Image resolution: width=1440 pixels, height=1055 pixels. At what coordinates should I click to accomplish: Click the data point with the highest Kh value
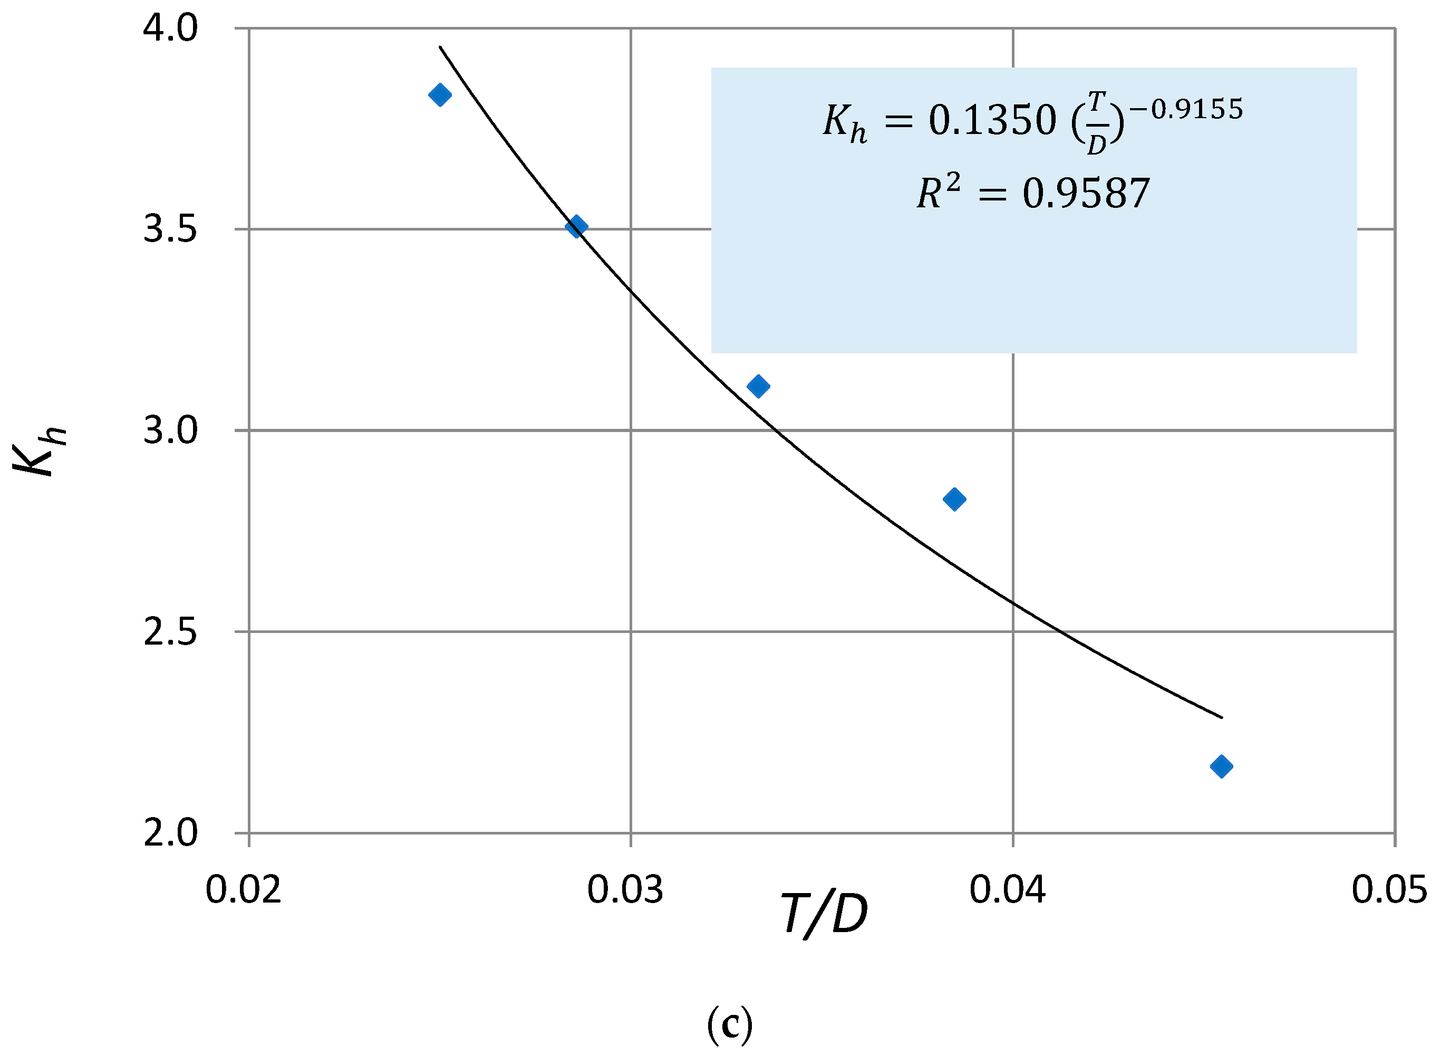tap(440, 95)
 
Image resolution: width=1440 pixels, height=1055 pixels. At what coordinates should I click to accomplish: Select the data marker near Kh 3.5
tap(576, 226)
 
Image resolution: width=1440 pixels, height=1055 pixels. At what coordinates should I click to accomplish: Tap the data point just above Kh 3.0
tap(758, 386)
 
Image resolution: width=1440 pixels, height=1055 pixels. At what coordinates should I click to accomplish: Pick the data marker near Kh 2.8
tap(954, 499)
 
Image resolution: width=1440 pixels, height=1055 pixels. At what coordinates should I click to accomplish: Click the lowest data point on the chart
tap(1222, 766)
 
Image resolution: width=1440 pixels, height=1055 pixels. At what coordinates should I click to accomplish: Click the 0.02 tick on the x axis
tap(243, 889)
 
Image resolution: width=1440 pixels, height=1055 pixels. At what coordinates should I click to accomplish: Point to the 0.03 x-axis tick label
tap(625, 889)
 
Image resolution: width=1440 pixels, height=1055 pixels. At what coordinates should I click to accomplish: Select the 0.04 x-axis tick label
tap(1007, 889)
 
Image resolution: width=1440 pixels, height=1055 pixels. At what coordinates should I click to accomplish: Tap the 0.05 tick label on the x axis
tap(1389, 889)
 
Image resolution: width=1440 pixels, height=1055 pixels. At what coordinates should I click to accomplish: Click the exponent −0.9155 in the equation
tap(1186, 109)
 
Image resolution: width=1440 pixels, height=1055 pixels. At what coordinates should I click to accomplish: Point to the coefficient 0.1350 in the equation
tap(992, 120)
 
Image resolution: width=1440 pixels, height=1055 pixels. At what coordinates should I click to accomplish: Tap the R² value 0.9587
tap(1086, 194)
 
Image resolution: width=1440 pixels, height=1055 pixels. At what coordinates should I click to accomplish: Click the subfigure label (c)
tap(730, 1024)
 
